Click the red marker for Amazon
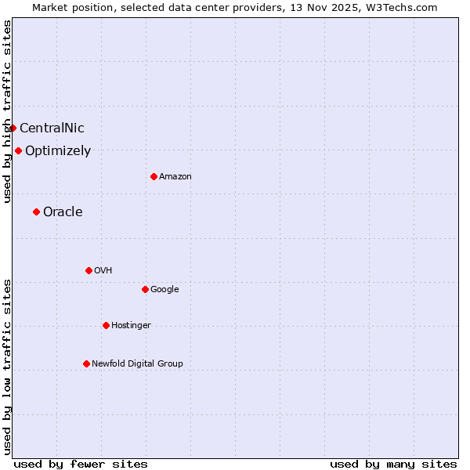point(154,176)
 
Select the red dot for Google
point(145,289)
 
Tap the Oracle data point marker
point(36,211)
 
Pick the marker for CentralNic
point(13,128)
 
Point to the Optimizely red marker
point(18,150)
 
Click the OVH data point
point(89,270)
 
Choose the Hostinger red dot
point(106,325)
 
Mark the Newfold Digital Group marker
point(86,363)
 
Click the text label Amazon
point(175,177)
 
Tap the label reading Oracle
point(63,212)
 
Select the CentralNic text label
point(52,128)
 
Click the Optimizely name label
point(58,151)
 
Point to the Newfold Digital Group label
point(137,363)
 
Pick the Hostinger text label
point(131,326)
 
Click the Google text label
point(164,290)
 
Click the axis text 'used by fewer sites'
point(81,464)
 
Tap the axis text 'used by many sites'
point(393,464)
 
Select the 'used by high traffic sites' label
point(7,111)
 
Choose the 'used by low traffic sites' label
point(7,366)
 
